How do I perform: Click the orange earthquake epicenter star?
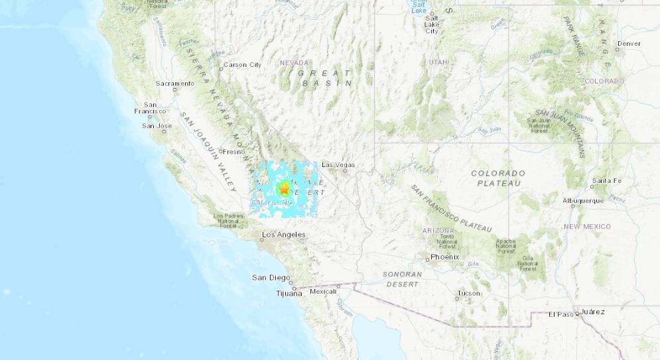tap(285, 189)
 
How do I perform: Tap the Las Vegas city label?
tap(338, 164)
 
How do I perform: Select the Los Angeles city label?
tap(283, 235)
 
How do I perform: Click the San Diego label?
tap(270, 278)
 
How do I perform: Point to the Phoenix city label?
tap(444, 257)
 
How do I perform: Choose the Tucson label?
tap(468, 293)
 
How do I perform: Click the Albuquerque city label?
tap(583, 200)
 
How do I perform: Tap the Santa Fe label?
tap(606, 180)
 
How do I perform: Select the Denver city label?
tap(628, 44)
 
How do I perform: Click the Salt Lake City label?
tap(431, 25)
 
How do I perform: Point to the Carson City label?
tap(242, 64)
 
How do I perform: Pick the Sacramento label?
tap(174, 84)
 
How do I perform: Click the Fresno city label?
tap(233, 152)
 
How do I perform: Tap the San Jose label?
tap(157, 125)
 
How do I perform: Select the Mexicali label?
tap(324, 292)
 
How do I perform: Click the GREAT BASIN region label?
tap(326, 78)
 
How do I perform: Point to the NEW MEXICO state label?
tap(587, 227)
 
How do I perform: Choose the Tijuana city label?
tap(289, 293)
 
